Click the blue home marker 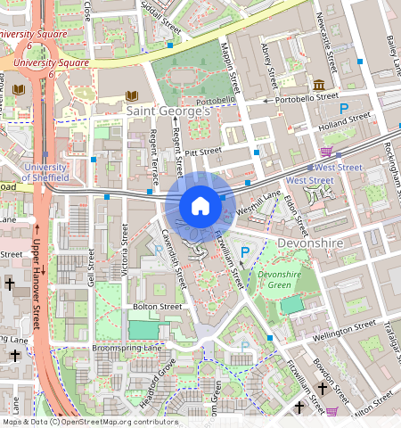click(200, 206)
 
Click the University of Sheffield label click(45, 172)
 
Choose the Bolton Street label click(157, 307)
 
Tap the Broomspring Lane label click(128, 347)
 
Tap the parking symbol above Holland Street click(343, 108)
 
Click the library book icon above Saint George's click(133, 95)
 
